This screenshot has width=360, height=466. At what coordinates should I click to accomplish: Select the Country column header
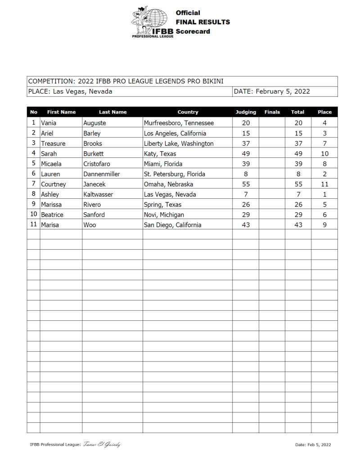188,112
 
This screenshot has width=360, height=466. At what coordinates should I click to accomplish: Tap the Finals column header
272,112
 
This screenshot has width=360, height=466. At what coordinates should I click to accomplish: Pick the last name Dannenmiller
102,174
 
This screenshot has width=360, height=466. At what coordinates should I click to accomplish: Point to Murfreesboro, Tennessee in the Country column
179,123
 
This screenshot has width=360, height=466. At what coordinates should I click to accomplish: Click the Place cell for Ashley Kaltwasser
324,194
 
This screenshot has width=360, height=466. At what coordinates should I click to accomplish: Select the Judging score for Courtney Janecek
246,184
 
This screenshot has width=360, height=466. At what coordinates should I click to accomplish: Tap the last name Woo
90,225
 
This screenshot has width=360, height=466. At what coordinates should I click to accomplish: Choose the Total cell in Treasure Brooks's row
298,143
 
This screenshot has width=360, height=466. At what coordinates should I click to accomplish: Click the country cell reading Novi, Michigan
164,215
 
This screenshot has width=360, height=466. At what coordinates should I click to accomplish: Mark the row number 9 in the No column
33,204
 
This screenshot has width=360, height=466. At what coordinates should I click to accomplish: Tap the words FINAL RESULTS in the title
202,22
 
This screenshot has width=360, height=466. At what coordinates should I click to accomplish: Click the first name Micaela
51,164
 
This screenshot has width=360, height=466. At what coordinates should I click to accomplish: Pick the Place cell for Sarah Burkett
324,153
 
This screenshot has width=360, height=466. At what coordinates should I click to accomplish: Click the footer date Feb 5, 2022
313,445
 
